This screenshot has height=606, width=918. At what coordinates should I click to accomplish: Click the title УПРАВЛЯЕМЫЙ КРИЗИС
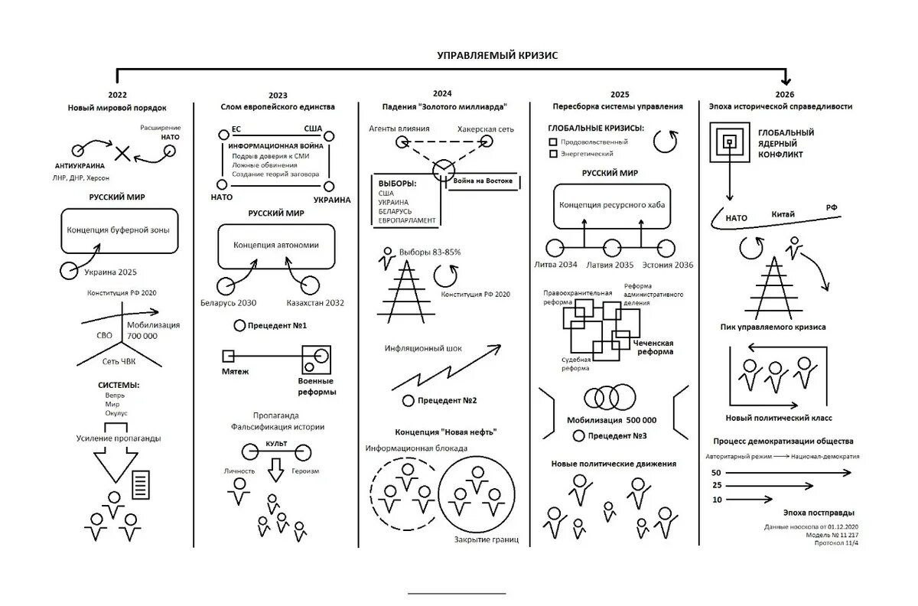point(498,55)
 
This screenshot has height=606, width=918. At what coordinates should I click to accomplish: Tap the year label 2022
point(118,95)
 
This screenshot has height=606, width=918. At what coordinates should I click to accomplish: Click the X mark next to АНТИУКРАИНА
point(121,151)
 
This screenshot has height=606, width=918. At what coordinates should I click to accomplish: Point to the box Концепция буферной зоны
point(119,230)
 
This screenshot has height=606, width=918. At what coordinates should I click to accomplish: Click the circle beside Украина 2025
point(70,270)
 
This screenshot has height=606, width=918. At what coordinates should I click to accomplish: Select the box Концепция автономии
point(276,245)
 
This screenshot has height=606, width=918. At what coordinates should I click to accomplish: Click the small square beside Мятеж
point(227,356)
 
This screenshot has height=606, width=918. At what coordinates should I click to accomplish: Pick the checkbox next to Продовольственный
point(553,142)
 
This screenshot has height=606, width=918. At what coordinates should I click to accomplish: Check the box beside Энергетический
point(553,154)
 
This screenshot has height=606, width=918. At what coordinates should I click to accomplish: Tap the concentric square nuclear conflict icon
point(730,142)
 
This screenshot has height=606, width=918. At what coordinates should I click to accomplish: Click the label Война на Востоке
point(483,181)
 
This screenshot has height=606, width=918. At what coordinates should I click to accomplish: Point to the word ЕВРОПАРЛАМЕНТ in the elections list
point(407,220)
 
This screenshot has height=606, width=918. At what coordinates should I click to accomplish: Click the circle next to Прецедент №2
point(408,401)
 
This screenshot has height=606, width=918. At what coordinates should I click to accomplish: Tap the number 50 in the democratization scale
point(717,473)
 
